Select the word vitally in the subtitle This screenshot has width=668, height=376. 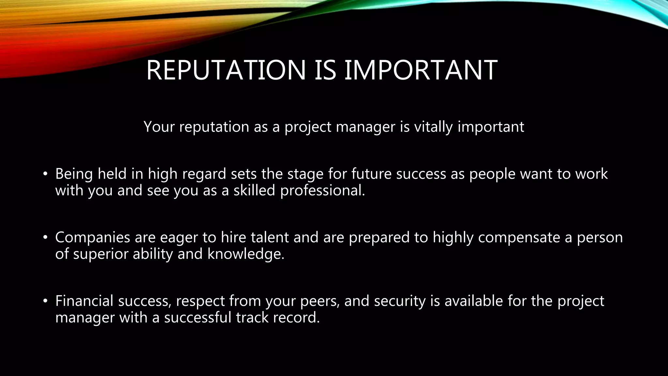(433, 127)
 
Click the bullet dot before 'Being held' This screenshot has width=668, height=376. (45, 174)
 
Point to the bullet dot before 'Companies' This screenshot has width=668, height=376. (45, 237)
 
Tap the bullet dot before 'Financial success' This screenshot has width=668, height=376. (45, 301)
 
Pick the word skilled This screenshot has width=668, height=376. (254, 190)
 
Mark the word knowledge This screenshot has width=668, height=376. (246, 254)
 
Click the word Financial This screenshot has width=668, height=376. (84, 301)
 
